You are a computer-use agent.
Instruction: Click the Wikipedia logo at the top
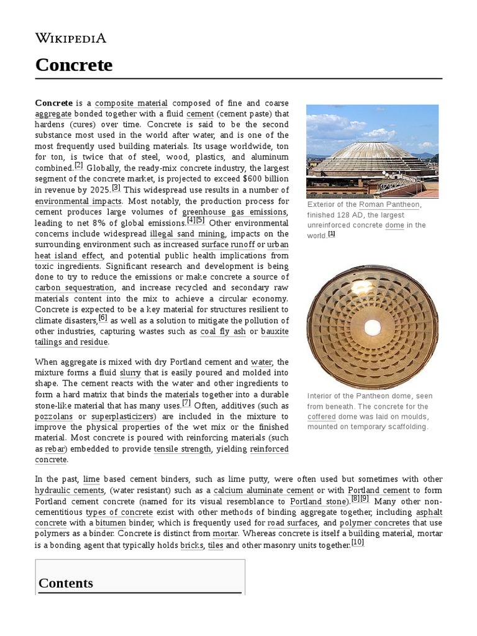tap(71, 39)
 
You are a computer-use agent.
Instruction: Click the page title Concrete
tap(74, 65)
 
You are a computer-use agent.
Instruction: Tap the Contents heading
tap(66, 583)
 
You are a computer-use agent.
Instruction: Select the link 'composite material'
tap(131, 103)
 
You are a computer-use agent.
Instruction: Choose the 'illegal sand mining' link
tap(188, 234)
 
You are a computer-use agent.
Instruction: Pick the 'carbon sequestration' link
tap(75, 288)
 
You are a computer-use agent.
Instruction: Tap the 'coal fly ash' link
tap(223, 331)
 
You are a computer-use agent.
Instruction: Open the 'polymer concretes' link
tap(375, 523)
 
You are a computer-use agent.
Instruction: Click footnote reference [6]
tap(103, 317)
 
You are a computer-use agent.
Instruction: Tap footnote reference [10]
tap(358, 542)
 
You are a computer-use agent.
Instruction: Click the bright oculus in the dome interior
tap(372, 326)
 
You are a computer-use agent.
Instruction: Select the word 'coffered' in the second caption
tap(321, 416)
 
